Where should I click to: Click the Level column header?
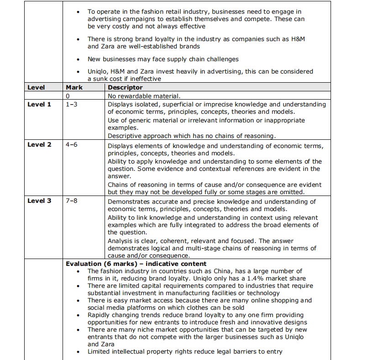point(36,87)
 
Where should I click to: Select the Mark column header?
point(74,87)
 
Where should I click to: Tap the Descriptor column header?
point(125,87)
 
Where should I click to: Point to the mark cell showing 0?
point(68,96)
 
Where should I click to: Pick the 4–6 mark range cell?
point(72,144)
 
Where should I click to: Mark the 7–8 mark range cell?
point(72,201)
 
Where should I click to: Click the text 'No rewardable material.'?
point(144,96)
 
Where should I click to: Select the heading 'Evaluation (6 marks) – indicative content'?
point(136,264)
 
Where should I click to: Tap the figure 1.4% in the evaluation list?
point(252,278)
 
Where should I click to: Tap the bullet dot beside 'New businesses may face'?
point(79,59)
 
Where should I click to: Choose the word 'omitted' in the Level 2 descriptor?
point(291,192)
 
